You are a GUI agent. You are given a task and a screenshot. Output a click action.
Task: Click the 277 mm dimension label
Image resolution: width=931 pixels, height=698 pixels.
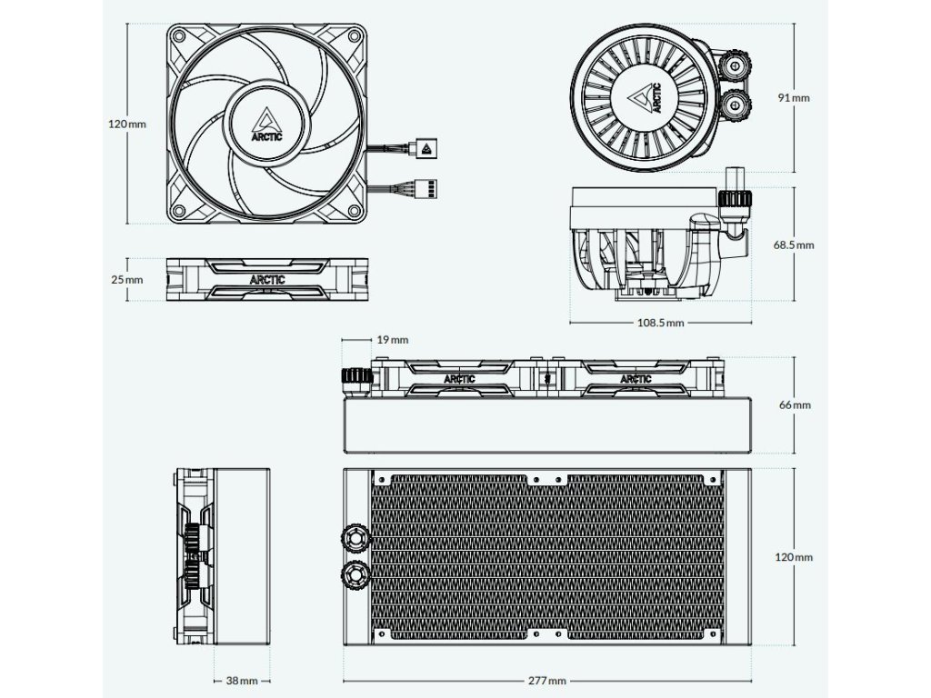[x=546, y=681]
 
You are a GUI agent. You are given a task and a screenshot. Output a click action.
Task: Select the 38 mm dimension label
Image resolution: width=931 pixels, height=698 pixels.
[x=243, y=681]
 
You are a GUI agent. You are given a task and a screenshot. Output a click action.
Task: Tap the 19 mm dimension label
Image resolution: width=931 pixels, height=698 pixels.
[x=393, y=339]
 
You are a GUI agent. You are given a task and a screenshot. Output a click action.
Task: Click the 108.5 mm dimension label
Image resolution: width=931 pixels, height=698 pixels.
[x=661, y=323]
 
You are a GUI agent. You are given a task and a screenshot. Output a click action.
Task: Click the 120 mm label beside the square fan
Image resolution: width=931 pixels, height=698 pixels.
[x=127, y=124]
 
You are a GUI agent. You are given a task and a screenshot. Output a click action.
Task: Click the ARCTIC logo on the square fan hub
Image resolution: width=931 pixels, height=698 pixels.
[x=266, y=124]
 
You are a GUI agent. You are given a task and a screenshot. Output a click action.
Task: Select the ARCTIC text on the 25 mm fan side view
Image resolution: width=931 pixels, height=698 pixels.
[x=266, y=280]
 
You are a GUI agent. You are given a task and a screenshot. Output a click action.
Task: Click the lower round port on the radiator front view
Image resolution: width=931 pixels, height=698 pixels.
[x=355, y=573]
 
